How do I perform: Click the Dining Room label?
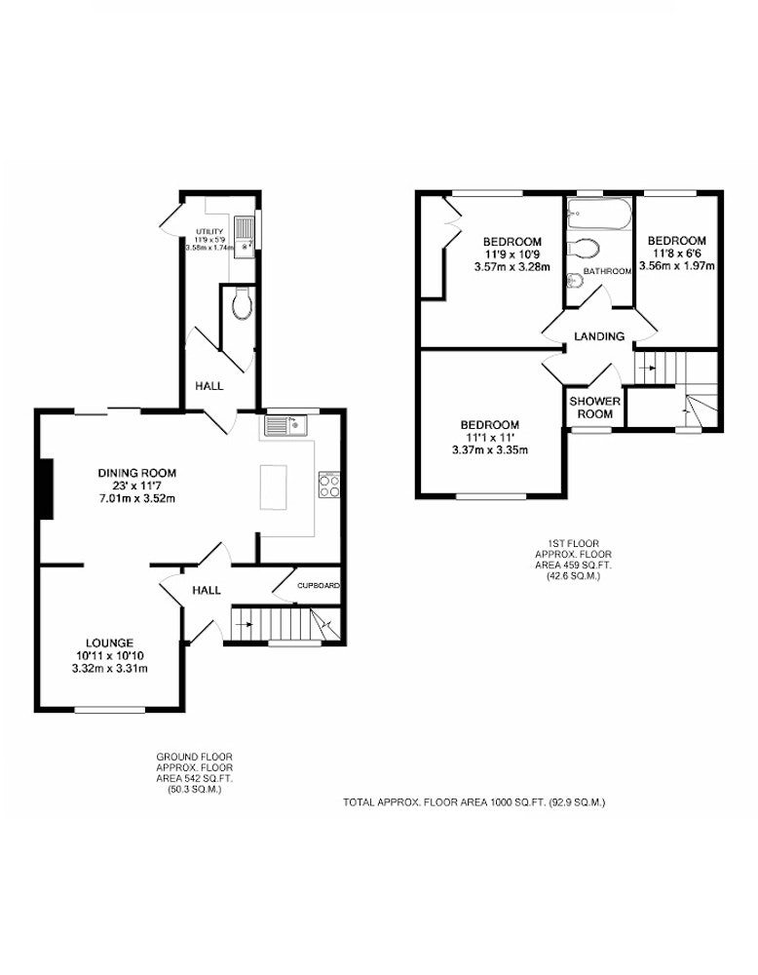[x=136, y=473]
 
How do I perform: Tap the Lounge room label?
[x=109, y=643]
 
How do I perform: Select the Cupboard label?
[x=319, y=586]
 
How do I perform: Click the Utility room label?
[x=209, y=231]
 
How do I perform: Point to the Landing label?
[x=599, y=336]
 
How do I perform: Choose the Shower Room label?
[x=595, y=408]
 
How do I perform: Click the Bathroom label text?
[x=607, y=271]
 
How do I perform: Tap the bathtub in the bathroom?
[x=599, y=214]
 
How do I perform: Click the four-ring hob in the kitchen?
[x=329, y=485]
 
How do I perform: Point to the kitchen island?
[x=274, y=487]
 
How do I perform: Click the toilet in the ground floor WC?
[x=240, y=303]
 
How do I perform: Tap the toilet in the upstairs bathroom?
[x=583, y=250]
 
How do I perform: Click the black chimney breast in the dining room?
[x=46, y=488]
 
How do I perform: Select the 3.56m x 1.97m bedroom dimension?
[x=676, y=266]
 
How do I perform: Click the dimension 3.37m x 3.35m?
[x=490, y=449]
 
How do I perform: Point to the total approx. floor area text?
[x=474, y=802]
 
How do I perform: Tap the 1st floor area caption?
[x=574, y=560]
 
